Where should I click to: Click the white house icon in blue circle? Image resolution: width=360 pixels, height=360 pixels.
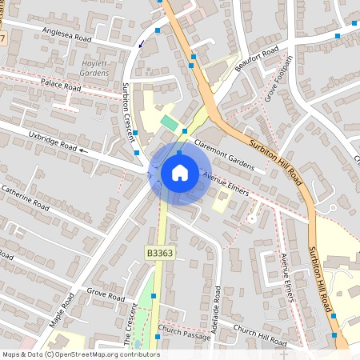(x=179, y=172)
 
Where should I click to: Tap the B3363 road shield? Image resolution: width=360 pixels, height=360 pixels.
(x=160, y=252)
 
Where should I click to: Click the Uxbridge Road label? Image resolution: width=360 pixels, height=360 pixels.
(x=52, y=142)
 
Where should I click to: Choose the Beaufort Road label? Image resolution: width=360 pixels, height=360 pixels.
(x=258, y=61)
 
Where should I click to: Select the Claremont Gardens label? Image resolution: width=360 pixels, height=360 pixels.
(x=224, y=151)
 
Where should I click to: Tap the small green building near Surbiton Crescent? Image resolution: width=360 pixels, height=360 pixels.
(x=169, y=122)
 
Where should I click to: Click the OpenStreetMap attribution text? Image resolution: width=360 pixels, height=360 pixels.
(x=81, y=354)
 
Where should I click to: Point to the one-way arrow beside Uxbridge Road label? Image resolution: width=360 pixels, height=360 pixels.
(x=85, y=150)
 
